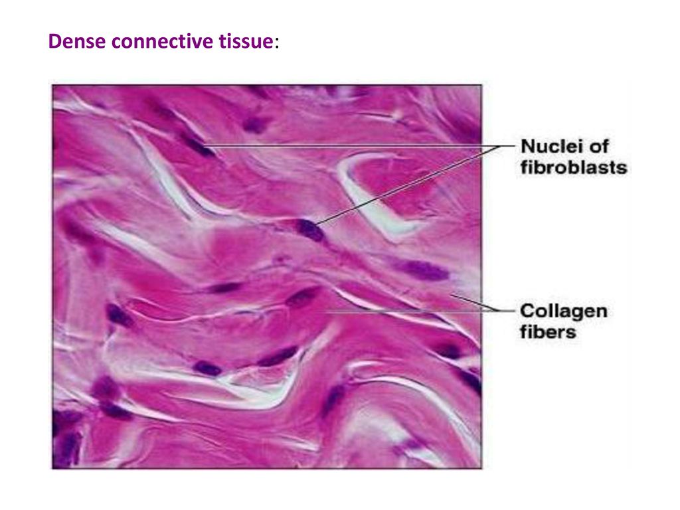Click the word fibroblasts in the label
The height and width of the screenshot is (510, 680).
(x=574, y=167)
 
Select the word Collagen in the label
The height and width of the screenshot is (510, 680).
(x=564, y=311)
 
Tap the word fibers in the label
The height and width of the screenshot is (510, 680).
(x=548, y=332)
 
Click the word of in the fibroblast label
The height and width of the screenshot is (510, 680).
(x=599, y=146)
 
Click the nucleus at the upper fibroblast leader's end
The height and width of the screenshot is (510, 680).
(x=197, y=145)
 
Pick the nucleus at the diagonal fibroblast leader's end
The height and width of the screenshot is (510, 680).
(x=309, y=230)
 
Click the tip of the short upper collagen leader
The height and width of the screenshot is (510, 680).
(x=451, y=295)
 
